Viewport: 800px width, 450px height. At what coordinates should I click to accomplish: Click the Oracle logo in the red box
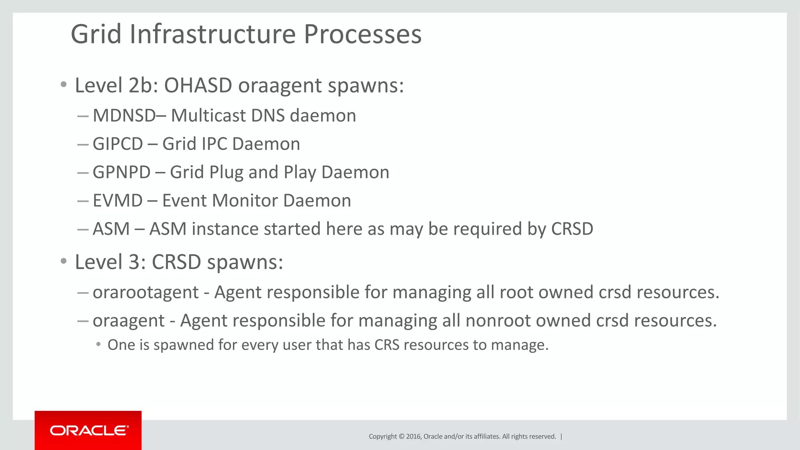[89, 430]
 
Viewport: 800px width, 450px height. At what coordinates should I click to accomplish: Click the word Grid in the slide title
[96, 34]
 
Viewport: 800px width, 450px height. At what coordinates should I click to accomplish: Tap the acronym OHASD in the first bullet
[198, 85]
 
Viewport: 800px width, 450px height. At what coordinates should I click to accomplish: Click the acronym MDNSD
[124, 116]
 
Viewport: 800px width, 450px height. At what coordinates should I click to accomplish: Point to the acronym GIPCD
[118, 144]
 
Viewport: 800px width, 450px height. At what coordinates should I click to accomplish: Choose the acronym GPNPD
[121, 172]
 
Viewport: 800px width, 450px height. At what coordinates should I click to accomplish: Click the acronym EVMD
[118, 201]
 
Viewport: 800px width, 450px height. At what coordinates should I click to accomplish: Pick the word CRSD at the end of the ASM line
[572, 229]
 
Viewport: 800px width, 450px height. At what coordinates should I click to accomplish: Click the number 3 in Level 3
[134, 262]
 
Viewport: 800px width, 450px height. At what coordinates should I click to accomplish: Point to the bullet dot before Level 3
[64, 261]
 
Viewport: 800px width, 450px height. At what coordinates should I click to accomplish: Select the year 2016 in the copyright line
[413, 436]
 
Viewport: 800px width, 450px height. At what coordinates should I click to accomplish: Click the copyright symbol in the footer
[401, 436]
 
